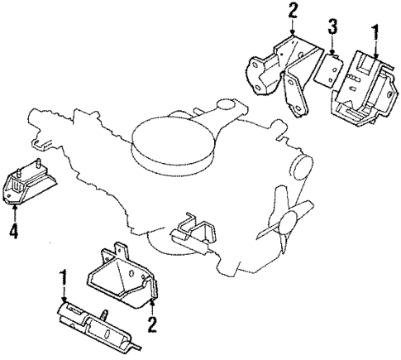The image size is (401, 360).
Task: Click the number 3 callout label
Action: coord(332,30)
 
